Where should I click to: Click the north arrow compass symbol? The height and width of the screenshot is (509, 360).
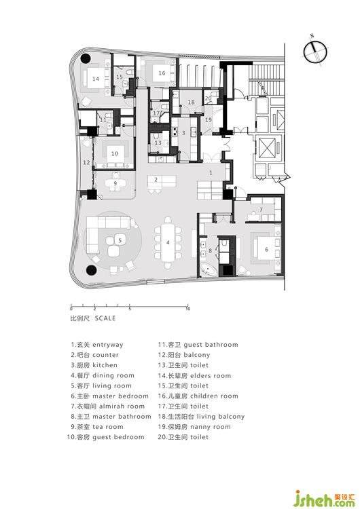[315, 52]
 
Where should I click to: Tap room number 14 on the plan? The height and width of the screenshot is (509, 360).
[96, 79]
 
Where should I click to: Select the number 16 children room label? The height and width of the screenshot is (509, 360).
[162, 73]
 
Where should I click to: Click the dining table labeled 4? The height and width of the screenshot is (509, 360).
[168, 242]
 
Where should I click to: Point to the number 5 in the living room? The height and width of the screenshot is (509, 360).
[120, 240]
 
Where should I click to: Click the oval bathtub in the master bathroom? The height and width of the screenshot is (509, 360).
[209, 269]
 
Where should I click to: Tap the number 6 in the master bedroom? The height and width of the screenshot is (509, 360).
[266, 249]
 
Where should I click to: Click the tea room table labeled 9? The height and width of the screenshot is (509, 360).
[115, 183]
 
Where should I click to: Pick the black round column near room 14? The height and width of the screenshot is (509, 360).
[86, 58]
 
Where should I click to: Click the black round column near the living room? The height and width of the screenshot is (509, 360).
[91, 270]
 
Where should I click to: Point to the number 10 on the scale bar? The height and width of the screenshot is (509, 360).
[187, 309]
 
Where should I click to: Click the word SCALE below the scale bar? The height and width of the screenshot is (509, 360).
[105, 318]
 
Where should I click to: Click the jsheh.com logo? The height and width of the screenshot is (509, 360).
[324, 498]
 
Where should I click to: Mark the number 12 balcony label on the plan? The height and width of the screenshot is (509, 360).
[86, 162]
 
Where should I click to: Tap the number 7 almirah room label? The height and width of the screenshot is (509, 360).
[261, 210]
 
